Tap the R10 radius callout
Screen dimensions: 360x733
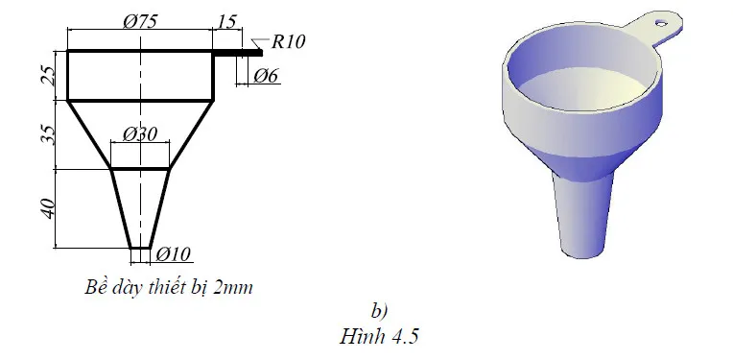pyautogui.click(x=289, y=40)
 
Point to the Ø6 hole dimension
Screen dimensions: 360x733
pyautogui.click(x=268, y=75)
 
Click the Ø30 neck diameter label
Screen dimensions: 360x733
pyautogui.click(x=140, y=134)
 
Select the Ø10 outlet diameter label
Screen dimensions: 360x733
pyautogui.click(x=174, y=253)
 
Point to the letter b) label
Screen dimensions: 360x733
pyautogui.click(x=378, y=309)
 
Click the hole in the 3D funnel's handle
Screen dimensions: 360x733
pyautogui.click(x=661, y=17)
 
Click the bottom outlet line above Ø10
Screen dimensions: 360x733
pyautogui.click(x=141, y=248)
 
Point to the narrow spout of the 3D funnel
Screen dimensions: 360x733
pyautogui.click(x=580, y=211)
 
